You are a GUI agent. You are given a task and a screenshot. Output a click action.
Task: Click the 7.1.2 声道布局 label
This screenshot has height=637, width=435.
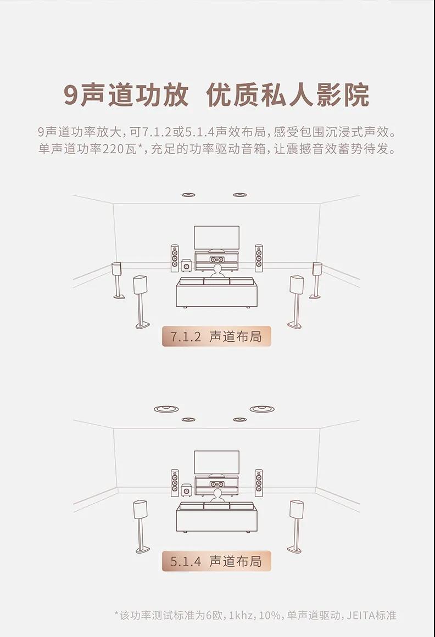coord(216,336)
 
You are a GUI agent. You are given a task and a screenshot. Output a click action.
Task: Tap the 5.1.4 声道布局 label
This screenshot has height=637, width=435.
coord(216,561)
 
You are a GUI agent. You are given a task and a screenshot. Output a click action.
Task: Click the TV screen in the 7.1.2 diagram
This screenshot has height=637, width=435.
coord(217,238)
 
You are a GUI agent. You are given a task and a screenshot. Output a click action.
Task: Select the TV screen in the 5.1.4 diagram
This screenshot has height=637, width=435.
coord(217,463)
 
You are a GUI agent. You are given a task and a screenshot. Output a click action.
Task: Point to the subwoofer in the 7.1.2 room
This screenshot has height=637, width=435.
coord(187,266)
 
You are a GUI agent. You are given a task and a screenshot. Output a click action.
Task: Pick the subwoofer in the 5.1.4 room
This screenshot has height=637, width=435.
coord(187,490)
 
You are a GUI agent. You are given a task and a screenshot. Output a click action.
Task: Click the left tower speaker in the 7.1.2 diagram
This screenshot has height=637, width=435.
coord(175,258)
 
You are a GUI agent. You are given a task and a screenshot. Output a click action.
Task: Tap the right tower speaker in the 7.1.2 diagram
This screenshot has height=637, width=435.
coord(259,258)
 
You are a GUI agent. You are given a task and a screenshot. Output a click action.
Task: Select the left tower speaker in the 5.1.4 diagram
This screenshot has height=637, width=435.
coord(175,483)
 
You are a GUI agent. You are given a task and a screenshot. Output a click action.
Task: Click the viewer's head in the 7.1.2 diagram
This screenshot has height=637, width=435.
coord(217,269)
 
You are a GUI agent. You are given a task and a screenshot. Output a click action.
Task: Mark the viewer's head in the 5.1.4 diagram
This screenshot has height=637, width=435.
coord(217,494)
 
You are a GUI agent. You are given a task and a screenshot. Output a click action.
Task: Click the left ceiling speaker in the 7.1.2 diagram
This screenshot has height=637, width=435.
coord(188,195)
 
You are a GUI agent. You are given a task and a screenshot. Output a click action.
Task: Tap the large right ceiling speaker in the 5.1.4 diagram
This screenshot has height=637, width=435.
coord(262,409)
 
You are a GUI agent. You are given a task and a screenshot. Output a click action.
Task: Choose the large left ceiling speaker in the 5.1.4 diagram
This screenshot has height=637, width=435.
coord(166,409)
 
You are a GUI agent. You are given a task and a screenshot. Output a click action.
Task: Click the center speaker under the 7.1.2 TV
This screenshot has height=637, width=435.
coord(217,259)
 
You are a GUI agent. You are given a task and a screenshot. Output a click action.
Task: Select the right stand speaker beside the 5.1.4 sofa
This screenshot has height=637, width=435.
coord(296,526)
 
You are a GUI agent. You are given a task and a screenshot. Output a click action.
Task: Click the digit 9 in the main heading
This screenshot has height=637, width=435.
coord(71,96)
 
